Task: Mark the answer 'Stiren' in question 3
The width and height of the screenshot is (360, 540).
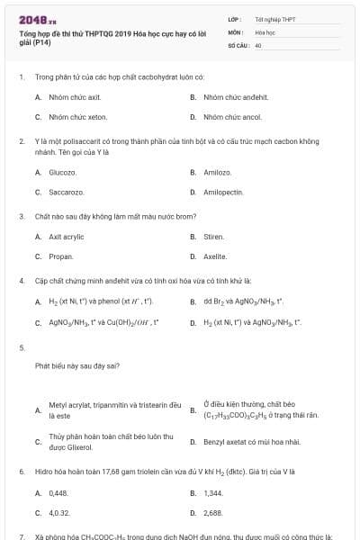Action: click(213, 236)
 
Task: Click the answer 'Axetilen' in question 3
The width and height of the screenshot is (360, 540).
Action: click(215, 256)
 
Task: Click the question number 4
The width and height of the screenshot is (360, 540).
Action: click(22, 280)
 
